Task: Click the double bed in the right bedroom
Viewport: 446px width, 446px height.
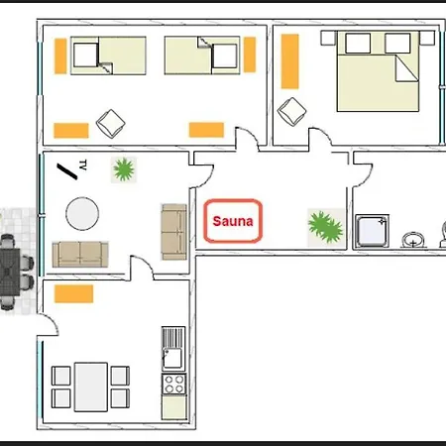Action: coord(378,70)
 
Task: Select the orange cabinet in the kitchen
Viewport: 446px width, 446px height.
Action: coord(73,293)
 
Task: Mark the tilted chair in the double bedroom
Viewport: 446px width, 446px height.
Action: coord(293,110)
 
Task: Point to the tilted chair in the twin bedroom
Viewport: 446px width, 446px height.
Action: coord(110,123)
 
